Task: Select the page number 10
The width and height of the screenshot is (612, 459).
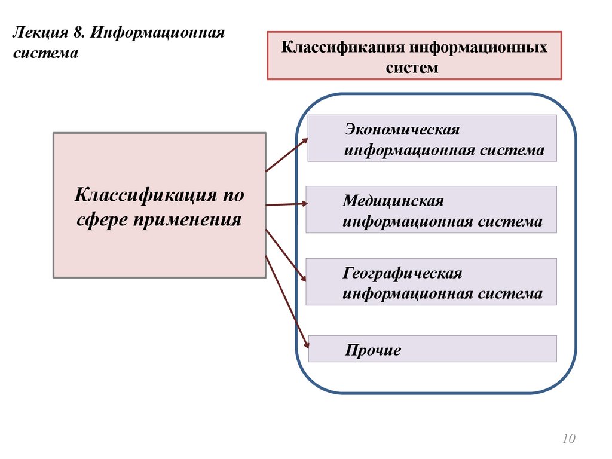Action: pos(568,440)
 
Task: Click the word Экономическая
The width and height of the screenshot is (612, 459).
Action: pos(402,130)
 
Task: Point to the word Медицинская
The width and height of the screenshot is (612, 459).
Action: pos(393,201)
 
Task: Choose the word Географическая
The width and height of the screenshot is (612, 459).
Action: pos(402,273)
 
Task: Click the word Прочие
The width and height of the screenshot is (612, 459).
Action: pos(373,350)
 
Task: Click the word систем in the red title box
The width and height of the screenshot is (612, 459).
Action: pos(412,68)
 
